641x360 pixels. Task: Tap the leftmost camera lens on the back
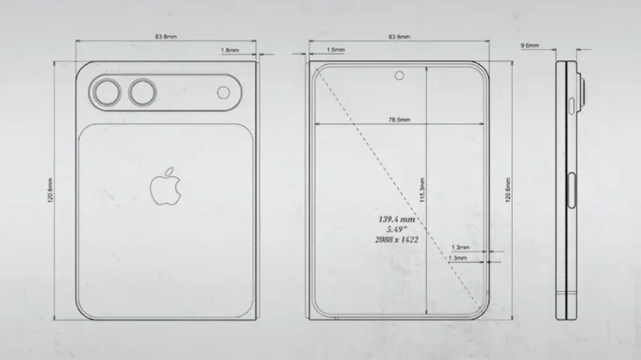click(x=107, y=92)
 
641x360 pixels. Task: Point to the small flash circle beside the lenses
click(x=223, y=92)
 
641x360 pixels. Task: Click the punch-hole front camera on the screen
click(x=400, y=76)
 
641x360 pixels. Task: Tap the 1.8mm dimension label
click(x=229, y=49)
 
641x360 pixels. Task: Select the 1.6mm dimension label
click(x=335, y=49)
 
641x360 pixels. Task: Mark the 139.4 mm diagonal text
click(x=397, y=219)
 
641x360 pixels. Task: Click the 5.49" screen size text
click(x=397, y=230)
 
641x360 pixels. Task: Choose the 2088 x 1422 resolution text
click(x=397, y=241)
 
